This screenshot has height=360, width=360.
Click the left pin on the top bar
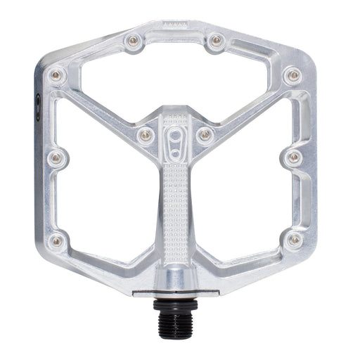point(131,41)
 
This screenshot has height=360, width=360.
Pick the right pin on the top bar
point(215,41)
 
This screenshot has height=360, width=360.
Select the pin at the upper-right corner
point(292,75)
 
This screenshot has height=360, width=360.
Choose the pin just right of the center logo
point(205,134)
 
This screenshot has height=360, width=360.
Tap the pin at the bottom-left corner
point(58,240)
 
